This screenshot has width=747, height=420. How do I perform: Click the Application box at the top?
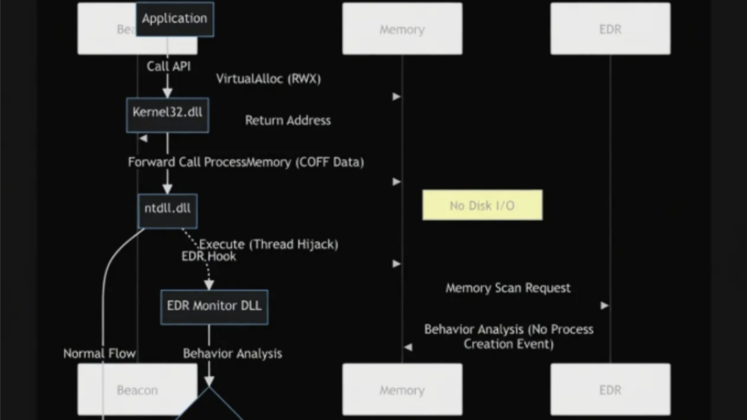[x=173, y=18]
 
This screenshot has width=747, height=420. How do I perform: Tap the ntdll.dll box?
[x=167, y=208]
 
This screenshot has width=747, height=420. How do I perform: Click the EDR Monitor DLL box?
[x=213, y=305]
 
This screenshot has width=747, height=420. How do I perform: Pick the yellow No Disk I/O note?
[x=482, y=205]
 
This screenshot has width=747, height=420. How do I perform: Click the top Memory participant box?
[x=402, y=29]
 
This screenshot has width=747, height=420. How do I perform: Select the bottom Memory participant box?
[x=402, y=390]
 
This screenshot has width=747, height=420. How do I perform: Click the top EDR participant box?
[x=610, y=29]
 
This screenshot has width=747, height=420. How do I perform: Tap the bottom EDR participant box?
[x=610, y=390]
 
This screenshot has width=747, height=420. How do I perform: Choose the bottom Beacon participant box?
[x=137, y=390]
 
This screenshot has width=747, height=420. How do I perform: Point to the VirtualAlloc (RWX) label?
[x=268, y=79]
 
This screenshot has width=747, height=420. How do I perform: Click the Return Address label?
[x=287, y=120]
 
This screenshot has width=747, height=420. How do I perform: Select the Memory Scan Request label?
[x=508, y=288]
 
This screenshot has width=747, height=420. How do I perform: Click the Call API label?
[x=168, y=66]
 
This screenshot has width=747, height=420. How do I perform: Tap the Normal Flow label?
[x=100, y=354]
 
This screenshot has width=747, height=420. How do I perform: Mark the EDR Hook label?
[x=208, y=256]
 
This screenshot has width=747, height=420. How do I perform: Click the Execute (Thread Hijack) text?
[x=269, y=244]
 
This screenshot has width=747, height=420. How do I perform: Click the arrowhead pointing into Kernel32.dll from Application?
[x=167, y=92]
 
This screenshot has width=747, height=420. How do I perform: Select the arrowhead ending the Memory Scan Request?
[x=605, y=305]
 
